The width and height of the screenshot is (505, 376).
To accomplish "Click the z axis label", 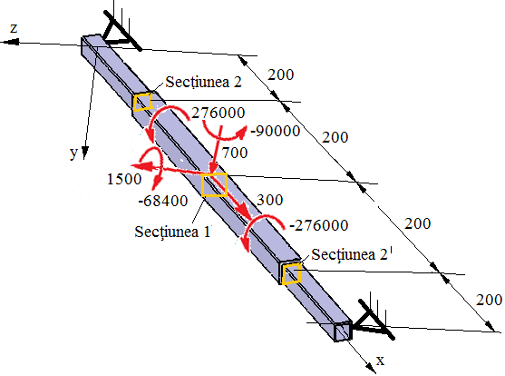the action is coord(14,28).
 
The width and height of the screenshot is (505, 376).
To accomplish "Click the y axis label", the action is coord(74,153).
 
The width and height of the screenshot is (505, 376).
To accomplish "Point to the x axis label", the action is coord(381,361).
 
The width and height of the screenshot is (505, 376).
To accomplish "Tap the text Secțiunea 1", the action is coord(172,232).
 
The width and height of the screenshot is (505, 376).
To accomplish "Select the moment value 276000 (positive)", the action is coord(218,113).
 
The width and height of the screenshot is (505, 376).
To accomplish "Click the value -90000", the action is coord(276,131).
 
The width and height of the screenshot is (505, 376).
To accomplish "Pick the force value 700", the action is coord(235,153).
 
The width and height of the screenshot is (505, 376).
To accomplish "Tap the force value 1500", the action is coord(124,179).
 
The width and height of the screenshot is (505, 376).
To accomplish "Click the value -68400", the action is coord(163,201).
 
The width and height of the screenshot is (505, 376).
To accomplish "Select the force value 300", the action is coord(270,200).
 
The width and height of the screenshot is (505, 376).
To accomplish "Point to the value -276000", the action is coord(319,225).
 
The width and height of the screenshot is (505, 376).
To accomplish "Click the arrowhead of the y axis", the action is coord(84,153).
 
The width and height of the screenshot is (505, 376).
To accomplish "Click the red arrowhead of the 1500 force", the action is coord(139,165).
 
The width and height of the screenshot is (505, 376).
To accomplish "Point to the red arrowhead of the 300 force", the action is coord(244,213).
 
